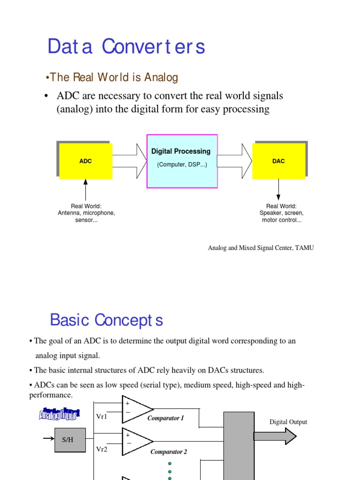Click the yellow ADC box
85,161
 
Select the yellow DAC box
278,161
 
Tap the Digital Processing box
182,161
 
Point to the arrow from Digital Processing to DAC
234,155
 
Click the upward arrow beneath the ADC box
85,189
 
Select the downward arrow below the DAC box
278,189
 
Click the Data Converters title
126,47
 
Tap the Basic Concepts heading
106,320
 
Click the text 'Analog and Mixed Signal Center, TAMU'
261,248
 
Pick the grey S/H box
70,440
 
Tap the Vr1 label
102,416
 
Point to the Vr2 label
102,449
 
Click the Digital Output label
288,422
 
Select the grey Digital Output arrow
275,436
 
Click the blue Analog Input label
59,414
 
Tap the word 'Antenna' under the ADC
69,213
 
